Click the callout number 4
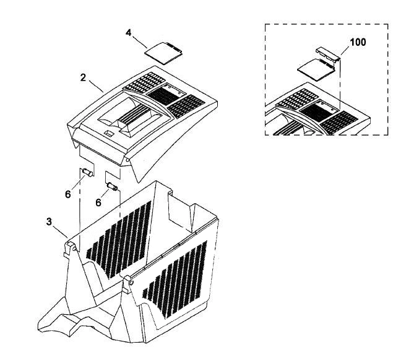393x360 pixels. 128,33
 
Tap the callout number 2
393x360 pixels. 83,77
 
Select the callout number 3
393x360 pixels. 49,222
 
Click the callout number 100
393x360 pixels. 358,42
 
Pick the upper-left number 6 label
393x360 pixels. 68,194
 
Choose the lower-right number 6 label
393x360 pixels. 98,203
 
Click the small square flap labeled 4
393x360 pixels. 164,53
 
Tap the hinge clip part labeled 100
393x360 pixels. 327,54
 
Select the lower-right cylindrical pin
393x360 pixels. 112,187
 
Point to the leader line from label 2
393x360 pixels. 96,86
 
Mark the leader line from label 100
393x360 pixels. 346,51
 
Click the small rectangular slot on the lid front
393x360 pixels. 108,133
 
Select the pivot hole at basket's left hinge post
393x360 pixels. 74,248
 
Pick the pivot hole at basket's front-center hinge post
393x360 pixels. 131,283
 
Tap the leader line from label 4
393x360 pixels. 140,42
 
